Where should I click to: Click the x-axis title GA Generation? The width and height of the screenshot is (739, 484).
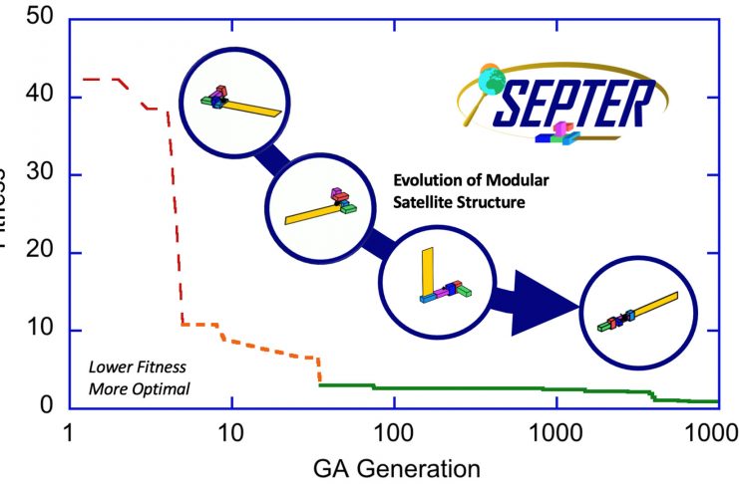[394, 467]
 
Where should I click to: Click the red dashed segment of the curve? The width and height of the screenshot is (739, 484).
[175, 199]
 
